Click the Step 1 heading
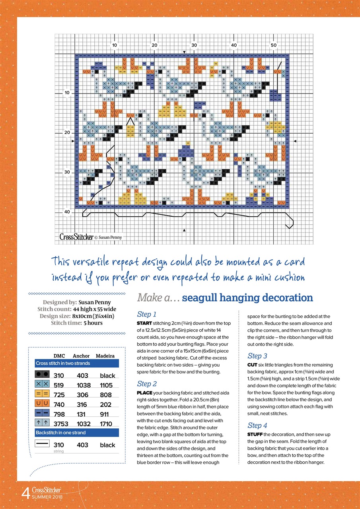[147, 314]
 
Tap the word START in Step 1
[144, 323]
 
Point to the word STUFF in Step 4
[255, 434]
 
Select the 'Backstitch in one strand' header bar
[77, 432]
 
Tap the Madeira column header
[105, 356]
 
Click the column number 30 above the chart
[194, 45]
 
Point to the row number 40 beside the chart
[66, 212]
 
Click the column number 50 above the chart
[274, 45]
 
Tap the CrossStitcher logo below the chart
[76, 237]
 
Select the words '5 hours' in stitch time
[93, 323]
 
